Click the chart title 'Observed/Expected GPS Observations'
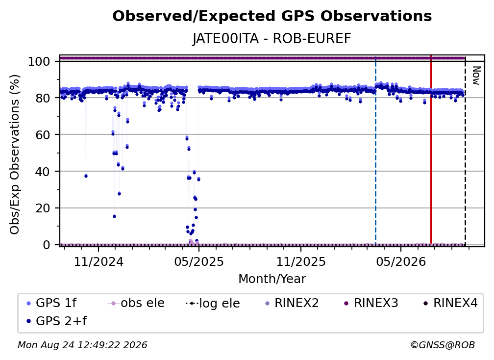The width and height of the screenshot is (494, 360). [272, 16]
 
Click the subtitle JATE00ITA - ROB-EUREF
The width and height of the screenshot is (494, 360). [272, 39]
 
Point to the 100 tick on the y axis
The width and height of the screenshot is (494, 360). [39, 61]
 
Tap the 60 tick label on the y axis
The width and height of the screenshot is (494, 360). [43, 134]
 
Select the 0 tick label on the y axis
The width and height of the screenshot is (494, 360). [47, 245]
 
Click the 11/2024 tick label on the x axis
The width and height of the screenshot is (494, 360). [99, 261]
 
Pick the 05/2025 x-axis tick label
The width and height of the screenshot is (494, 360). [199, 261]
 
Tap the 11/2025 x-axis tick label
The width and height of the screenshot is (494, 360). [301, 261]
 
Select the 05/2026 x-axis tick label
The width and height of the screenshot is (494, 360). [401, 261]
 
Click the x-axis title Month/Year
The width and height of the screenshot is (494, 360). [272, 279]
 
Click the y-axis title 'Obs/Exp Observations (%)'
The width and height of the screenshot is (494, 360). [15, 154]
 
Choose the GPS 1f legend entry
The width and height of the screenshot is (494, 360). [51, 303]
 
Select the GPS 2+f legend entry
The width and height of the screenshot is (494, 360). [56, 321]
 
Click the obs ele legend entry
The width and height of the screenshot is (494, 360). [136, 303]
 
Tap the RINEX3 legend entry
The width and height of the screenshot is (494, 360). [370, 303]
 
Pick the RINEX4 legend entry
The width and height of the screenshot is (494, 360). [450, 303]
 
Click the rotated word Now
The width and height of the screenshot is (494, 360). [476, 76]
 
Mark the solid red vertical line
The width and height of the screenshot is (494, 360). [431, 150]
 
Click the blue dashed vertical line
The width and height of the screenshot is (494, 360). [375, 150]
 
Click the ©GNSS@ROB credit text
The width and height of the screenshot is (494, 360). [443, 345]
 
